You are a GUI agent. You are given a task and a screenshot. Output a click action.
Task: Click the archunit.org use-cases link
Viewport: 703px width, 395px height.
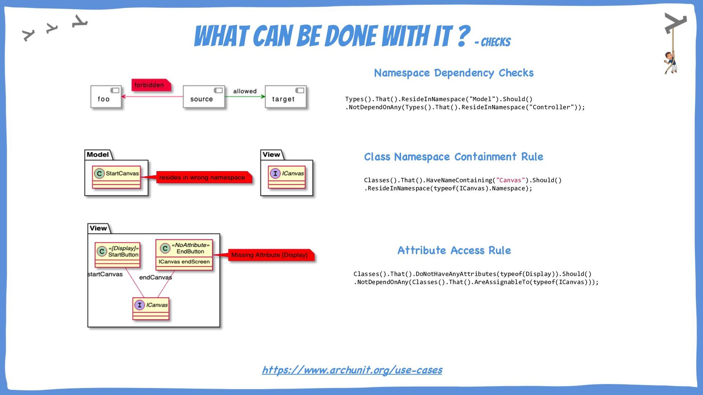point(352,370)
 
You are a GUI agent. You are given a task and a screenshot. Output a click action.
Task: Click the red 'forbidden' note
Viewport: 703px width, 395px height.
point(150,85)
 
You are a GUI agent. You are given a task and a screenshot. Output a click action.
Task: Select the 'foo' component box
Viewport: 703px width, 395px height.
point(106,97)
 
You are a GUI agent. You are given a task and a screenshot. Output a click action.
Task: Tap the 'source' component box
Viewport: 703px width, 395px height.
point(204,97)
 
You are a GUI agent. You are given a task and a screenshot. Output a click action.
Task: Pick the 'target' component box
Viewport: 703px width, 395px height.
point(285,97)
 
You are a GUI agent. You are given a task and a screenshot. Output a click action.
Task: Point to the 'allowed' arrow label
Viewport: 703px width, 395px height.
point(245,91)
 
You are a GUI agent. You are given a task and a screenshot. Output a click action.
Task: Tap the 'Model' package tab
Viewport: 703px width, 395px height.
point(98,155)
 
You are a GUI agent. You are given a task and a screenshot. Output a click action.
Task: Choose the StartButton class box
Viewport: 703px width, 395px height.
point(118,255)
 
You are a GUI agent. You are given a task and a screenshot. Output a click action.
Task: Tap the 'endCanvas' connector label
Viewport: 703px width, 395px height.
point(155,277)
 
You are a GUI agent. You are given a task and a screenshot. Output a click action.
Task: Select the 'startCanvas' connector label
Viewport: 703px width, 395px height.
point(105,274)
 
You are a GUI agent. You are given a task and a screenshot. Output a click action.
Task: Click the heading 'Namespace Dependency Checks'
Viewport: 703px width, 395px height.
point(454,73)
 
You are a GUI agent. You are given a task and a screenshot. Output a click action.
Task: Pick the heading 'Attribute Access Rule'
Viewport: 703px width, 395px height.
point(454,251)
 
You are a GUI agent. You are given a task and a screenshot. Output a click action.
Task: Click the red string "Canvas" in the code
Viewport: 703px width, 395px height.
point(510,180)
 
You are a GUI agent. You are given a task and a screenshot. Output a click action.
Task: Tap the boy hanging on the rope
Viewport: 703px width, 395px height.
point(671,62)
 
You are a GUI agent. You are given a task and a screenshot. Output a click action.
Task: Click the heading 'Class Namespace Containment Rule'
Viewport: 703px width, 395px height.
point(453,157)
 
